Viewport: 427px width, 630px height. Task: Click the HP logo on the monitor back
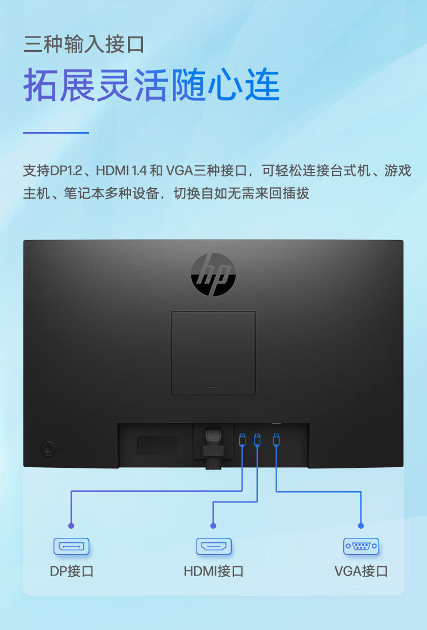click(x=213, y=274)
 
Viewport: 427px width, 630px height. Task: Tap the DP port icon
click(x=72, y=546)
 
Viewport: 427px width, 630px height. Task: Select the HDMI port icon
click(x=213, y=546)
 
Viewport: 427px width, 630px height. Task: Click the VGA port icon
click(x=361, y=546)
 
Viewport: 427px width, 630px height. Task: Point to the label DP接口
click(x=72, y=571)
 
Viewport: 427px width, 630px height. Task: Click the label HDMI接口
click(x=213, y=571)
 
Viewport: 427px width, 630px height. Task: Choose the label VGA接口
click(x=361, y=571)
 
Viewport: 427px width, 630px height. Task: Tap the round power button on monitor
click(x=48, y=448)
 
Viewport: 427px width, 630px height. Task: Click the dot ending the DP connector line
click(x=71, y=525)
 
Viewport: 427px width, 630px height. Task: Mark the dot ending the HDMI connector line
click(x=213, y=525)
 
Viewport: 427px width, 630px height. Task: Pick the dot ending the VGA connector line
click(x=360, y=525)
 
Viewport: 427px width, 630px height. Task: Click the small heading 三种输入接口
click(x=84, y=44)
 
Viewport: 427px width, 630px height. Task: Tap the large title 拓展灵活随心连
click(x=151, y=85)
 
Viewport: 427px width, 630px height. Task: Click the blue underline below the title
click(x=55, y=133)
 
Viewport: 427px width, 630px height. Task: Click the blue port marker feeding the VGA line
click(x=276, y=440)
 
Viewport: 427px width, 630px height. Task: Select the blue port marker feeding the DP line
click(x=242, y=440)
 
